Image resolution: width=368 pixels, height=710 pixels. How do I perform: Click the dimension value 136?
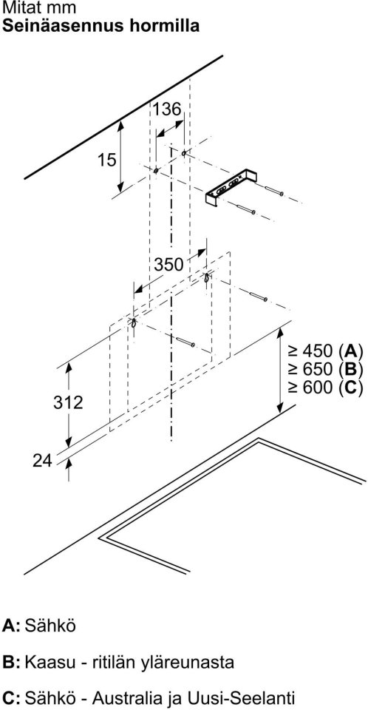(166, 109)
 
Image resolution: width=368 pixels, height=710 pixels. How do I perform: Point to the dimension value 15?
(107, 160)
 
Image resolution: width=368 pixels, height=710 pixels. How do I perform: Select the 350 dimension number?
(168, 265)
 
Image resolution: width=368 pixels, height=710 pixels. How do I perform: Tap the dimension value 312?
(68, 402)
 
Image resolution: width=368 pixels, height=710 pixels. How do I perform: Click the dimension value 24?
(43, 461)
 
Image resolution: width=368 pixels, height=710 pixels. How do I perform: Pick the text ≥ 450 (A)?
(325, 351)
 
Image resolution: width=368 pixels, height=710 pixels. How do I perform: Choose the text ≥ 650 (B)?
(325, 370)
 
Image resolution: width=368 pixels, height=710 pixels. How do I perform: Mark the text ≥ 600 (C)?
(325, 388)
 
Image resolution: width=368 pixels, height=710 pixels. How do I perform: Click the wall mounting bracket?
(230, 188)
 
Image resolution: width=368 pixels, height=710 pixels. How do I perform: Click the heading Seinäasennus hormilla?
(101, 25)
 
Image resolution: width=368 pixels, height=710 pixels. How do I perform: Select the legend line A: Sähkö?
(39, 626)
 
